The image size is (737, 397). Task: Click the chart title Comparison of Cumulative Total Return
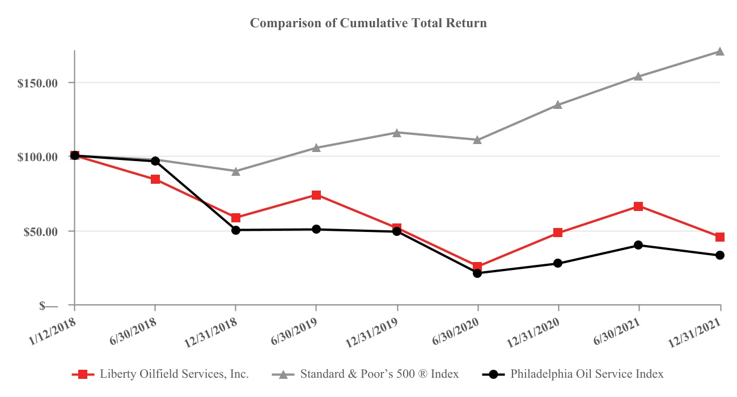tap(369, 23)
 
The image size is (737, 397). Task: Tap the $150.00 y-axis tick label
tap(38, 83)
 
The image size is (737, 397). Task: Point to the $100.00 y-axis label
tap(38, 157)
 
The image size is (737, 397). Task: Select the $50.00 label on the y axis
tap(40, 231)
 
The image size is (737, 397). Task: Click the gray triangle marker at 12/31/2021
tap(720, 52)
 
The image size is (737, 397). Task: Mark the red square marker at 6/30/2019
tap(316, 195)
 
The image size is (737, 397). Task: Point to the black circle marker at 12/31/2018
tap(236, 230)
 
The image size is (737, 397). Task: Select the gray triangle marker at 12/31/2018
tap(236, 171)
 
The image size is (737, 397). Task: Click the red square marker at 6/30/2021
tap(639, 206)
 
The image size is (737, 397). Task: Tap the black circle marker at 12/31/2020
tap(558, 263)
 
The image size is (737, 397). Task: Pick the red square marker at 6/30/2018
tap(155, 179)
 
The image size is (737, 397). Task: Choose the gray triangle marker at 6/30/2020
tap(477, 140)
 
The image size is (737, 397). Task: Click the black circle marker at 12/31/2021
tap(720, 255)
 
